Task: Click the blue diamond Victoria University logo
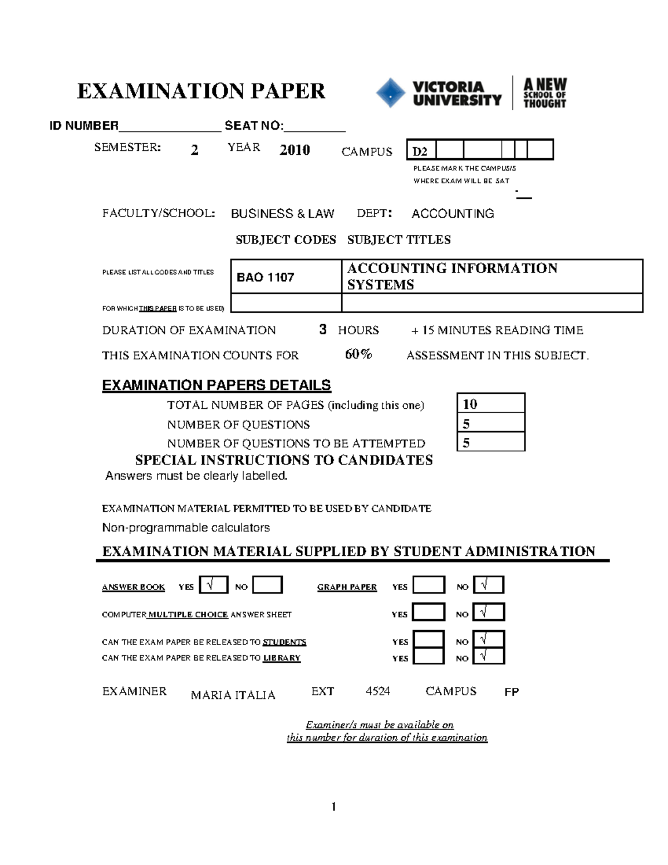[390, 93]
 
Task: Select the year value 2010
[294, 150]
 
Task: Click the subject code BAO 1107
[266, 277]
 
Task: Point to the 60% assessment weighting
[358, 354]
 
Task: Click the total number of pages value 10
[470, 404]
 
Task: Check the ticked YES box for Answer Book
[213, 585]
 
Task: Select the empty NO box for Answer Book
[267, 585]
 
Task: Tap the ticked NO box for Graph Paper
[488, 585]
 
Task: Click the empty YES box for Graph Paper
[429, 585]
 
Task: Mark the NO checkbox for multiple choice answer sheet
[488, 612]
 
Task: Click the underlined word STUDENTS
[284, 642]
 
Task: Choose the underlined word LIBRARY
[282, 658]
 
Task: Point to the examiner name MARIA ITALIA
[233, 695]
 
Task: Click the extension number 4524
[377, 691]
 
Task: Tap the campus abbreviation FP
[512, 692]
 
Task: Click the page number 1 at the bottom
[333, 807]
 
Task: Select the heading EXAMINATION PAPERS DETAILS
[217, 385]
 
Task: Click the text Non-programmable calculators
[186, 527]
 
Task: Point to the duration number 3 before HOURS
[323, 330]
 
